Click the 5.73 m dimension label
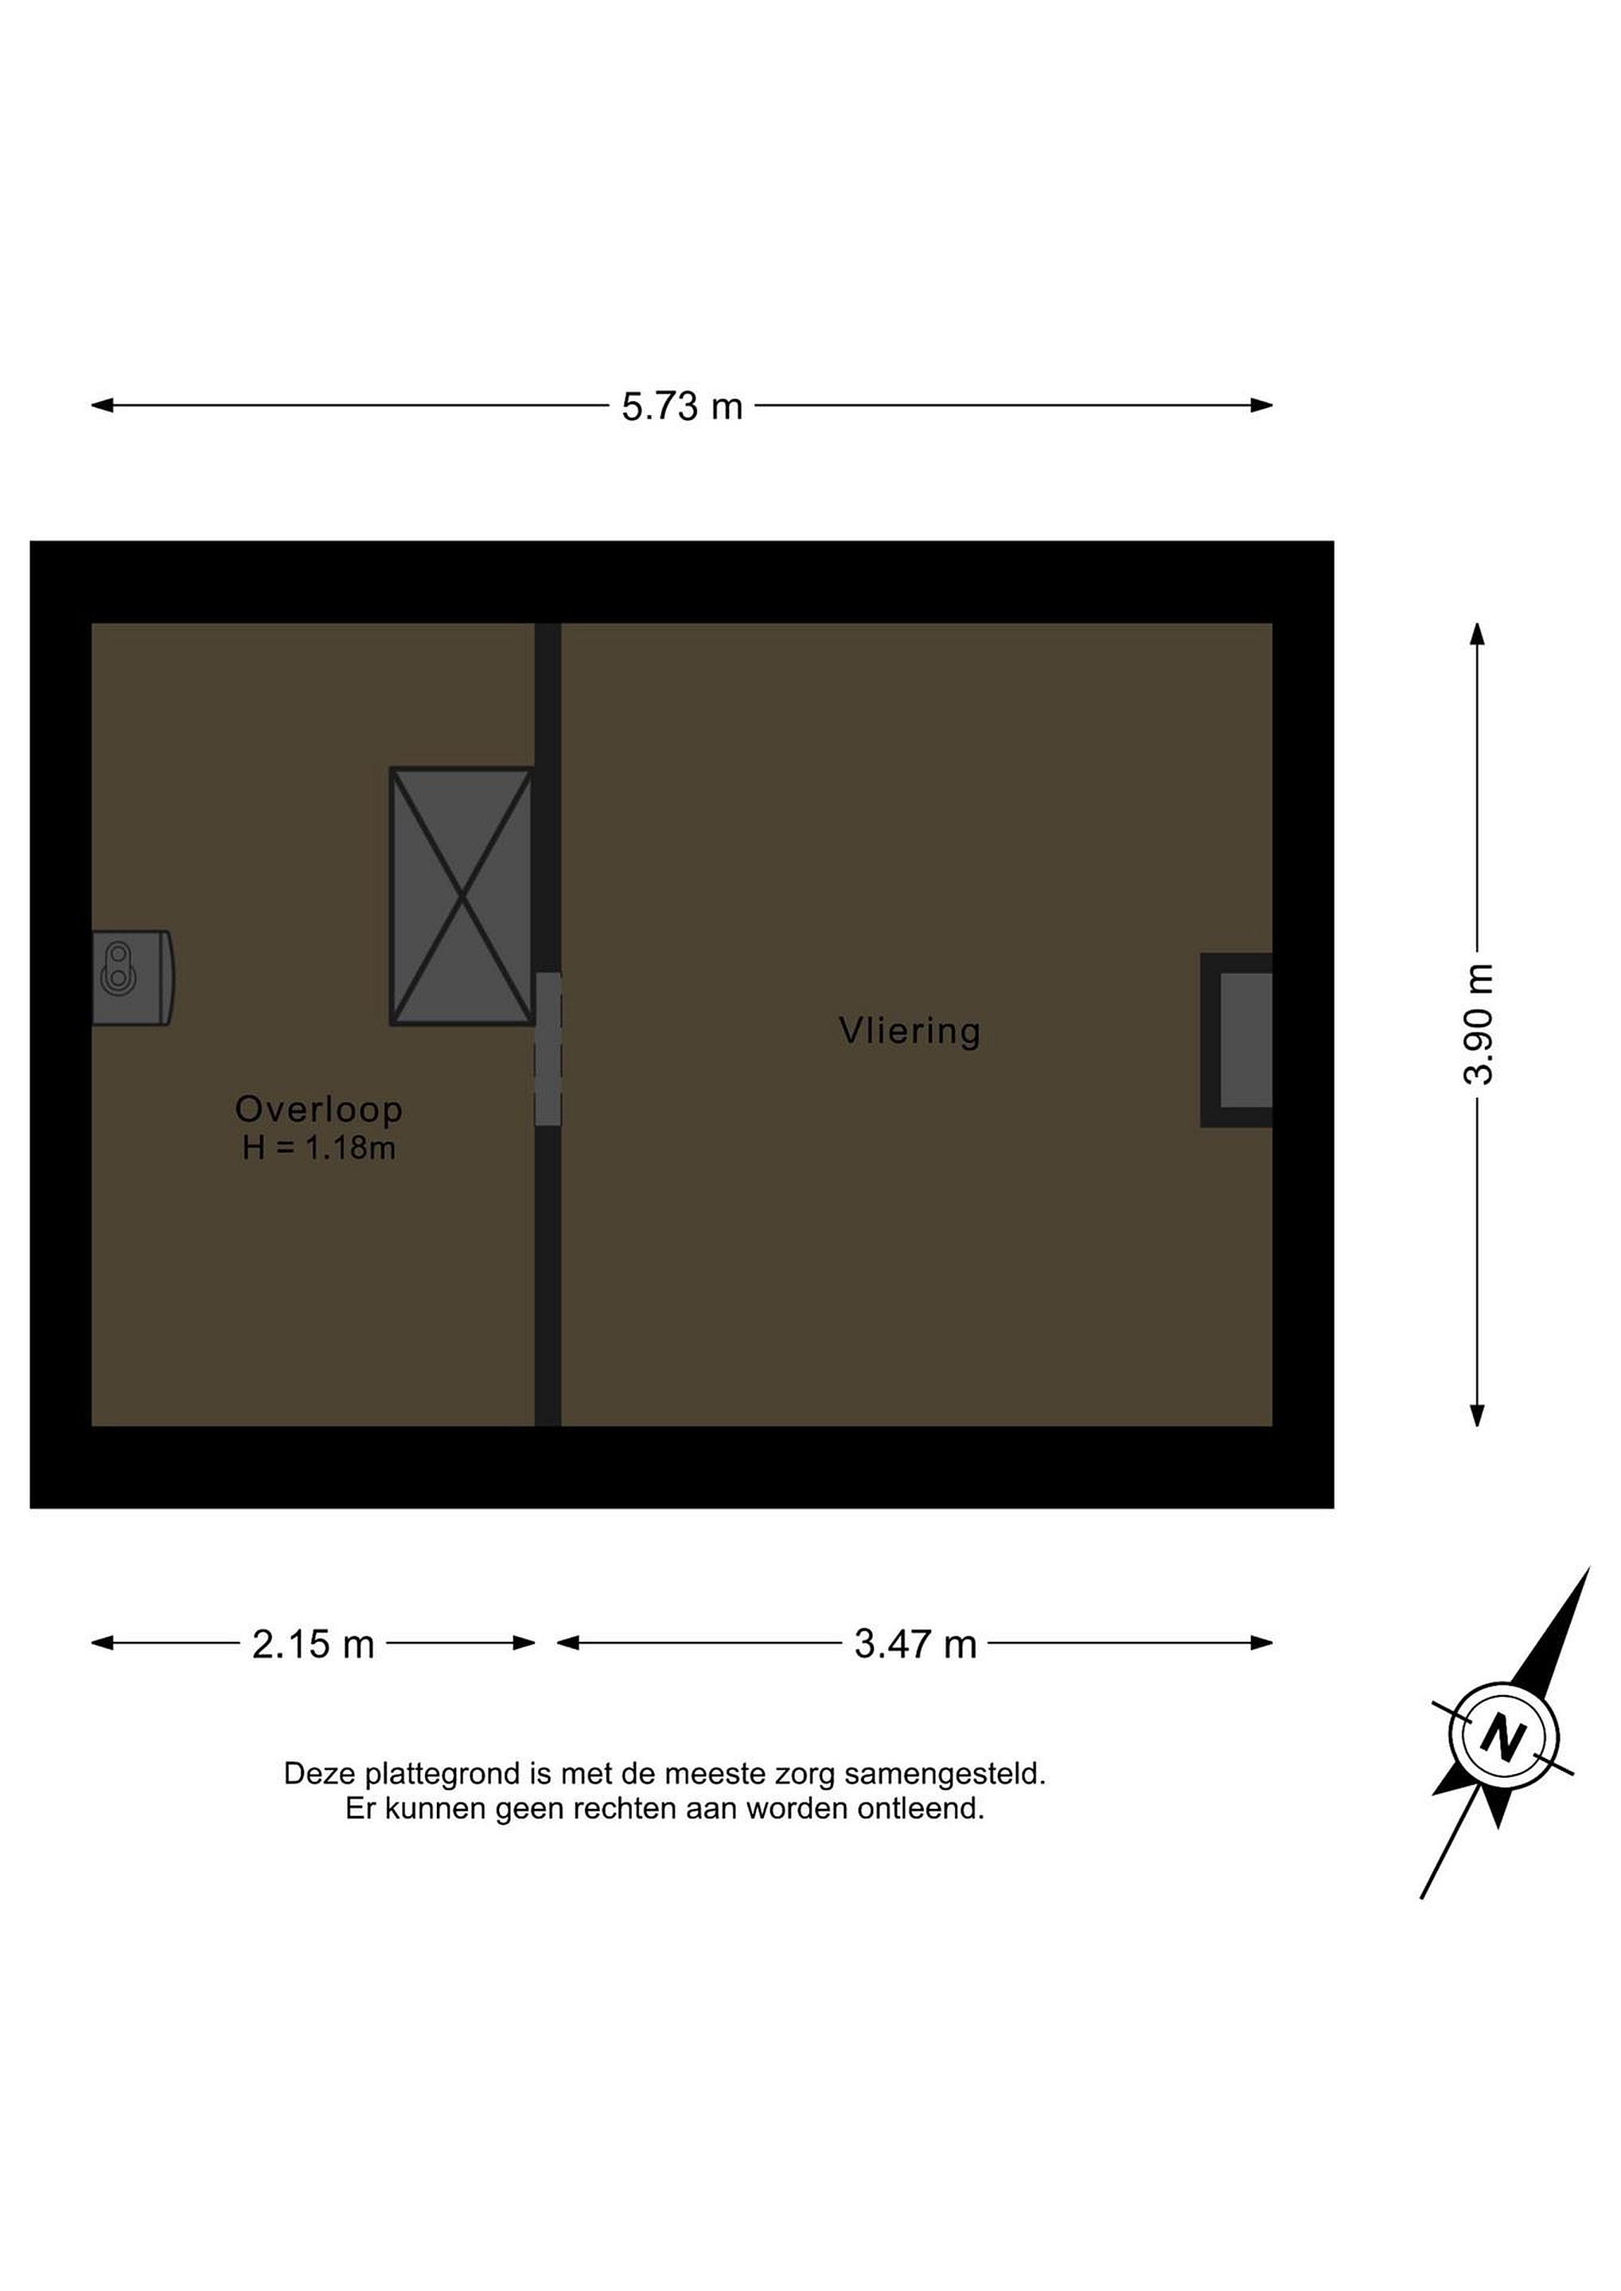tap(682, 407)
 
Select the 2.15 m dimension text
tap(313, 1644)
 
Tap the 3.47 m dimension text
tap(915, 1644)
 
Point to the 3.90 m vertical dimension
tap(1479, 1024)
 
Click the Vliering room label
tap(910, 1031)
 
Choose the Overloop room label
tap(318, 1109)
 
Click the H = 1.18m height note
tap(318, 1149)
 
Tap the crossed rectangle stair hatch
tap(461, 896)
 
